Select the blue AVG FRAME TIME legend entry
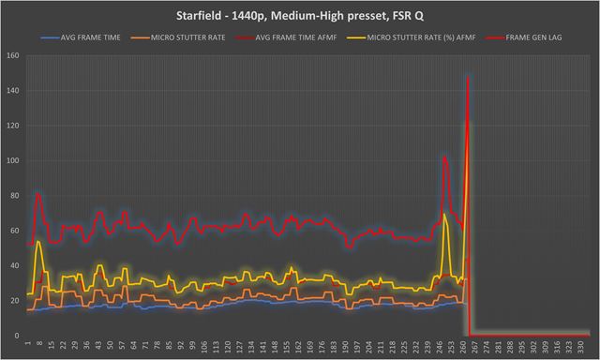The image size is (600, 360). (78, 38)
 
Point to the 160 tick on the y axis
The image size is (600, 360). (12, 55)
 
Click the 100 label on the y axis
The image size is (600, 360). (12, 160)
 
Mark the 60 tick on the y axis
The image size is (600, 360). (14, 231)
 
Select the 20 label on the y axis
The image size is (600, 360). (14, 301)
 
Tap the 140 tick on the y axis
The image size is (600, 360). (12, 90)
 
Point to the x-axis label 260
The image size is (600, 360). (466, 346)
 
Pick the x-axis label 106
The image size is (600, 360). (204, 346)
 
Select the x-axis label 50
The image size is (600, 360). (111, 346)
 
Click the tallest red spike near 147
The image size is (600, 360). (468, 80)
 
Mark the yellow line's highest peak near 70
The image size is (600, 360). (444, 216)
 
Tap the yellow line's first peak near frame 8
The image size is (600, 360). (38, 243)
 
